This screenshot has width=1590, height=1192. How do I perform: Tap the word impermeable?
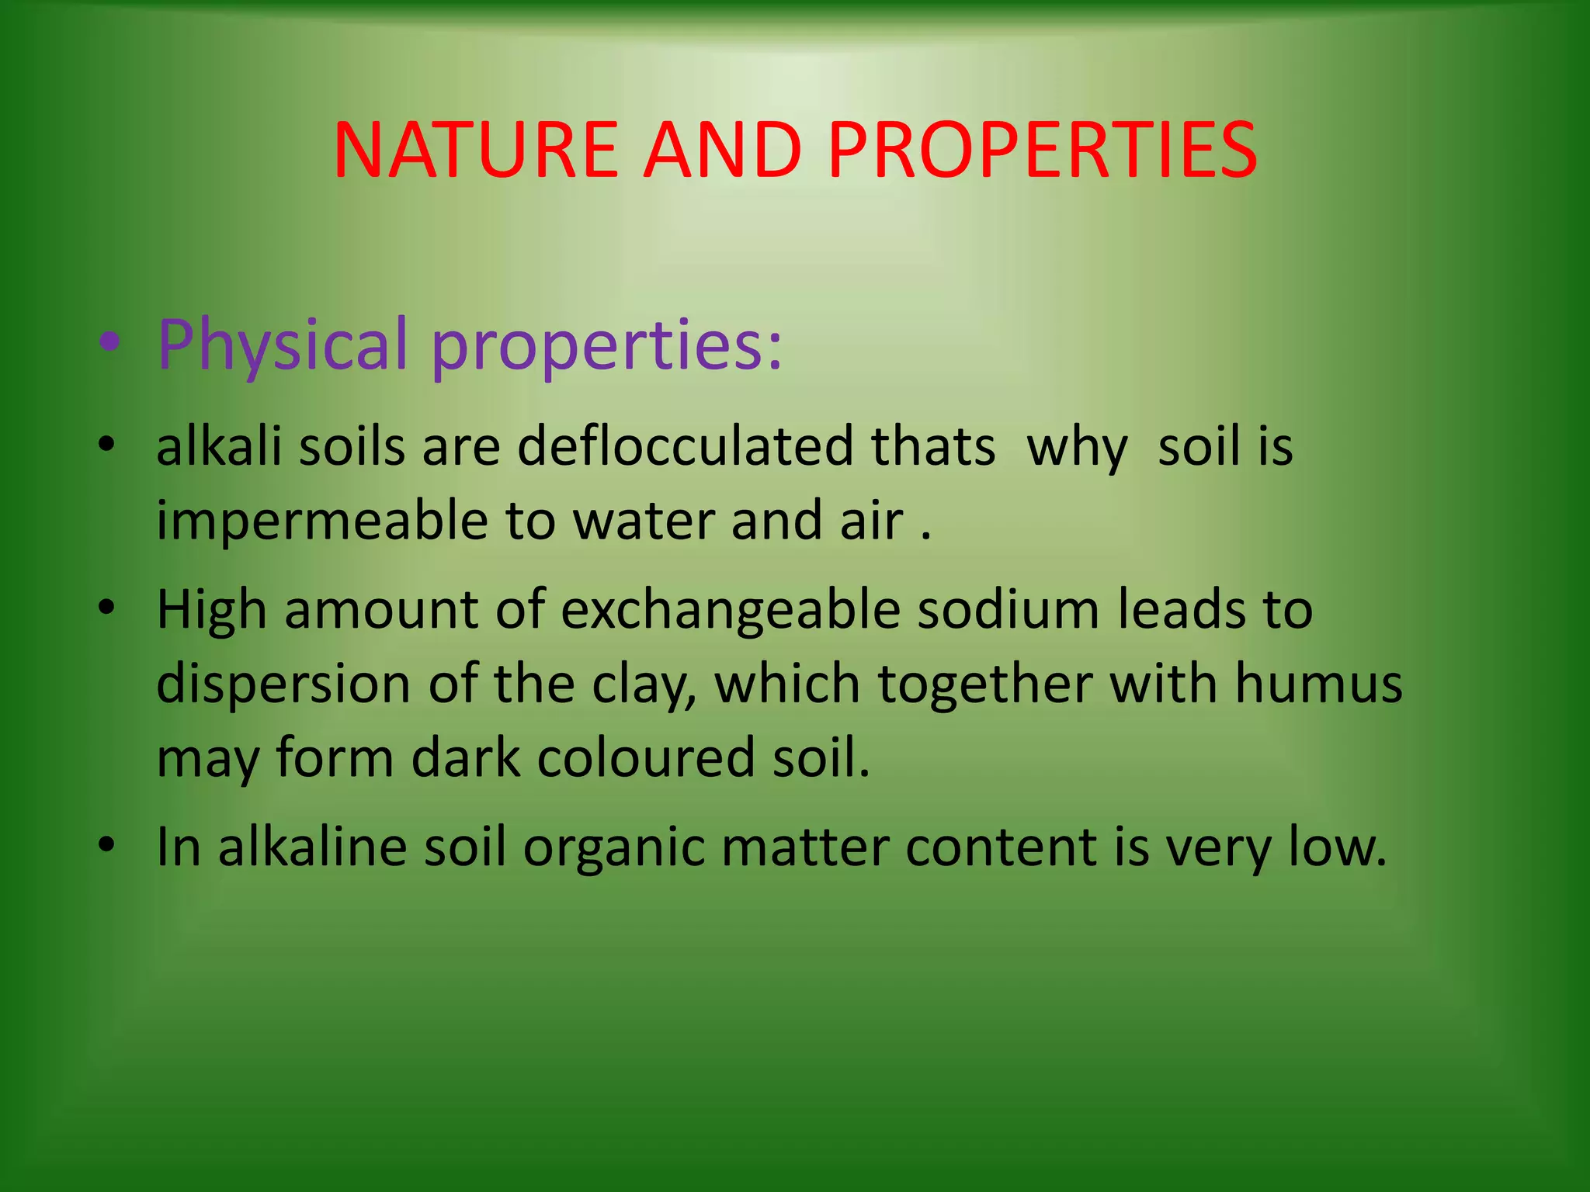[x=321, y=521]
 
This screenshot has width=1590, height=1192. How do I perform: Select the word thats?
[x=932, y=447]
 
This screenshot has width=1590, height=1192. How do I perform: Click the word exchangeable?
[x=730, y=610]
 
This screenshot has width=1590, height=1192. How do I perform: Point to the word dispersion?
[x=283, y=684]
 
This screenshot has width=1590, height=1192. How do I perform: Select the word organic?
[x=613, y=847]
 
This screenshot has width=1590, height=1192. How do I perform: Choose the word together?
[x=984, y=684]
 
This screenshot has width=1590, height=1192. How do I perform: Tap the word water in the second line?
[x=643, y=521]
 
